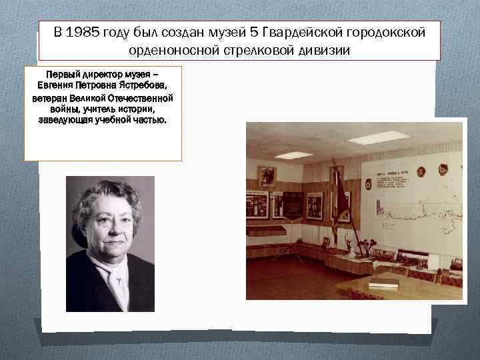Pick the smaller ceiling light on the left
click(293, 155)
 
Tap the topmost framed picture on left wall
click(267, 175)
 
